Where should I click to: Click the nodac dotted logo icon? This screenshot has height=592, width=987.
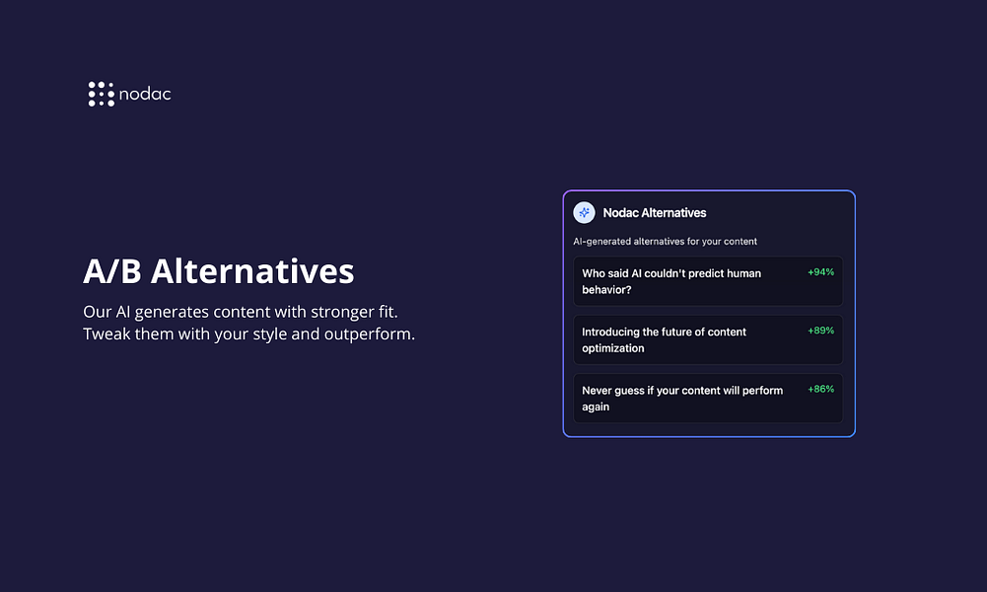coord(102,94)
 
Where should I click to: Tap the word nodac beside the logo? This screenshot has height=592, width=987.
coord(145,94)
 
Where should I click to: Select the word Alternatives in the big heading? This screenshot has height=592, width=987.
coord(252,271)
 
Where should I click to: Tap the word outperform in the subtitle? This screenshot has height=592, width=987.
coord(368,334)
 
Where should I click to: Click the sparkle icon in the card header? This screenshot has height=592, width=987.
coord(584,213)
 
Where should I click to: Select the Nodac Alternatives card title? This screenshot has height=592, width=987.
coord(655,213)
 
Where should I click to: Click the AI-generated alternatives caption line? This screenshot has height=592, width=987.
coord(665,241)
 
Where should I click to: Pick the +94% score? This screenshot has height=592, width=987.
coord(820,272)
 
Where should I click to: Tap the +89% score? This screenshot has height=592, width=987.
coord(820,331)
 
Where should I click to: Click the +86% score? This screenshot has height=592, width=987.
coord(820,389)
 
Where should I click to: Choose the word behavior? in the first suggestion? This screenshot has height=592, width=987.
coord(606,290)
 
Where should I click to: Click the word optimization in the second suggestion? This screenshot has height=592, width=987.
coord(613,348)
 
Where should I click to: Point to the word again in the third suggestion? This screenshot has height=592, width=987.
coord(596,407)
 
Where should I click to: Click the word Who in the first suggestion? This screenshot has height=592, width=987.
coord(593,273)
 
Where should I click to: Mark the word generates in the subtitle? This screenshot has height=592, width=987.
coord(172,313)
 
